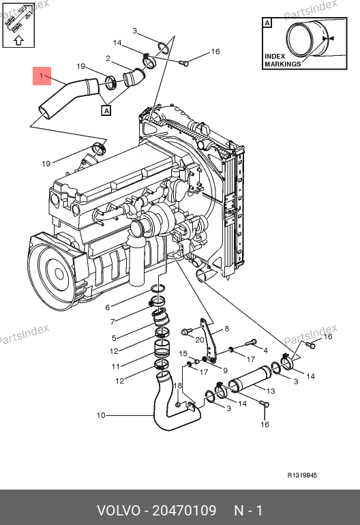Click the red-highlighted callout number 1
(x=41, y=76)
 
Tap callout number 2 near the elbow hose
(x=108, y=59)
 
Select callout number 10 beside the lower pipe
(x=101, y=415)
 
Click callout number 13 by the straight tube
(x=271, y=391)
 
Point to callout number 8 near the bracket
(x=227, y=329)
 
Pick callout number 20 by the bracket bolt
(x=200, y=340)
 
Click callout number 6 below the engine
(x=108, y=307)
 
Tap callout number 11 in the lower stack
(x=115, y=366)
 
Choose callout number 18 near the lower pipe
(x=177, y=386)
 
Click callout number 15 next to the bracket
(x=183, y=354)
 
